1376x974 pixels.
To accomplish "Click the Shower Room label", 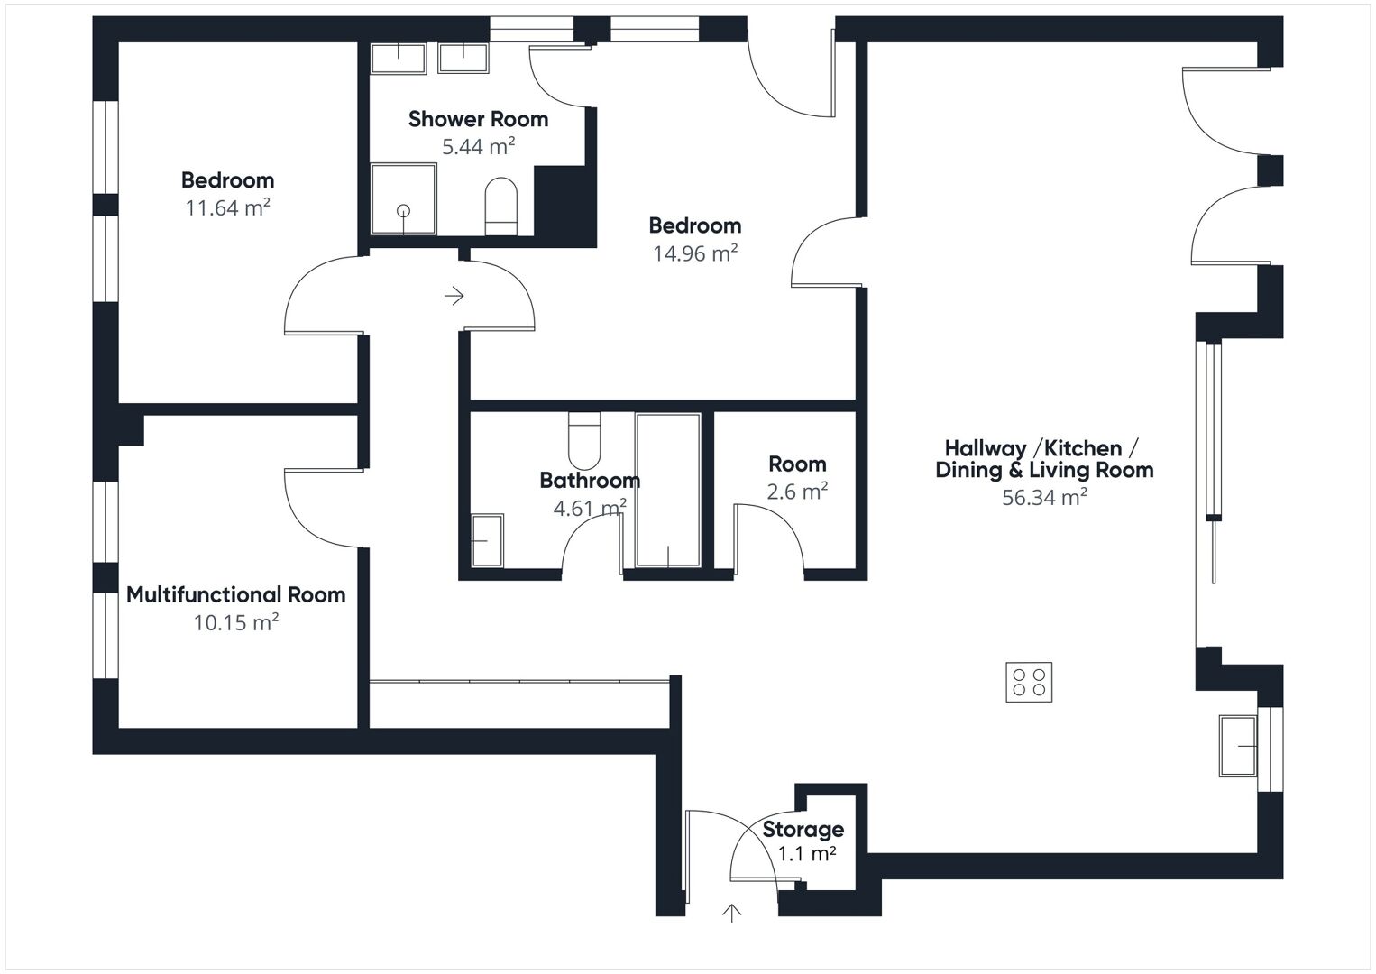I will pyautogui.click(x=478, y=119).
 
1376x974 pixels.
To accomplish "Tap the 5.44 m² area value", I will pyautogui.click(x=478, y=146).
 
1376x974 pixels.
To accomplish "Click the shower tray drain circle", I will pyautogui.click(x=403, y=211).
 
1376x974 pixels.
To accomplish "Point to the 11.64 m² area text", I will pyautogui.click(x=227, y=207).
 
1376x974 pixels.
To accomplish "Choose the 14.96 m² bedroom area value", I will pyautogui.click(x=694, y=253).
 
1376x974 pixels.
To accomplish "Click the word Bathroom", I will pyautogui.click(x=590, y=481).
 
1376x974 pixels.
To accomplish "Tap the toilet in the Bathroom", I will pyautogui.click(x=584, y=436).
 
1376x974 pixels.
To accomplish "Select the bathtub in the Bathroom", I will pyautogui.click(x=667, y=491).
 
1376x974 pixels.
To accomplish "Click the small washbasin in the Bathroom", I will pyautogui.click(x=487, y=540).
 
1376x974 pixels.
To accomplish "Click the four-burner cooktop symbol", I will pyautogui.click(x=1029, y=682).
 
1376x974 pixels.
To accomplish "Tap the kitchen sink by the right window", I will pyautogui.click(x=1238, y=746).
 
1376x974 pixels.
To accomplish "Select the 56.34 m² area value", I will pyautogui.click(x=1043, y=497).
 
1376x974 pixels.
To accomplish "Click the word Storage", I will pyautogui.click(x=803, y=830).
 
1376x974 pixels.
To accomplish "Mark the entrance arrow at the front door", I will pyautogui.click(x=731, y=914).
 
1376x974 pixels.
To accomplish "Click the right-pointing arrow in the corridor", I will pyautogui.click(x=454, y=295).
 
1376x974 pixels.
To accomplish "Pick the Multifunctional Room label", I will pyautogui.click(x=235, y=595).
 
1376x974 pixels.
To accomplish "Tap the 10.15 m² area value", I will pyautogui.click(x=235, y=622).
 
